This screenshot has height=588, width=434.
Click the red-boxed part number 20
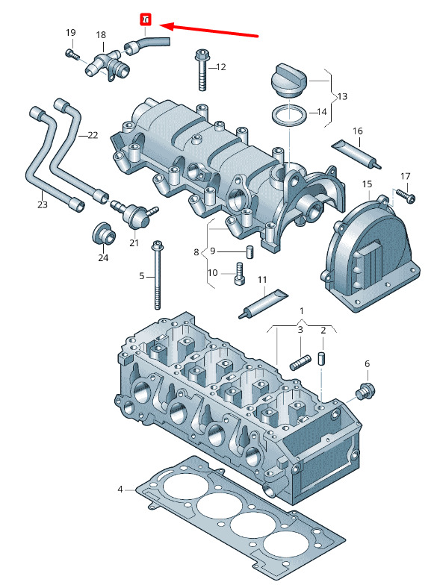tap(146, 20)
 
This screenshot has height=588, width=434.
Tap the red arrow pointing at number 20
tap(209, 31)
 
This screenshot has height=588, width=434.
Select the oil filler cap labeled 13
tap(288, 81)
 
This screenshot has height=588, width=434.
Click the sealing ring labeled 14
tap(288, 115)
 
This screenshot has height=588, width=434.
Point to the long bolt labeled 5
tap(157, 275)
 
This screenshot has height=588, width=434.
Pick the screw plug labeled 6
tap(365, 391)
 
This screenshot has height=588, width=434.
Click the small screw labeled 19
tap(72, 54)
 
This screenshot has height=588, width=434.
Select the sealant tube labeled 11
tap(263, 304)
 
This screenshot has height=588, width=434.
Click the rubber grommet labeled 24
tap(103, 234)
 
